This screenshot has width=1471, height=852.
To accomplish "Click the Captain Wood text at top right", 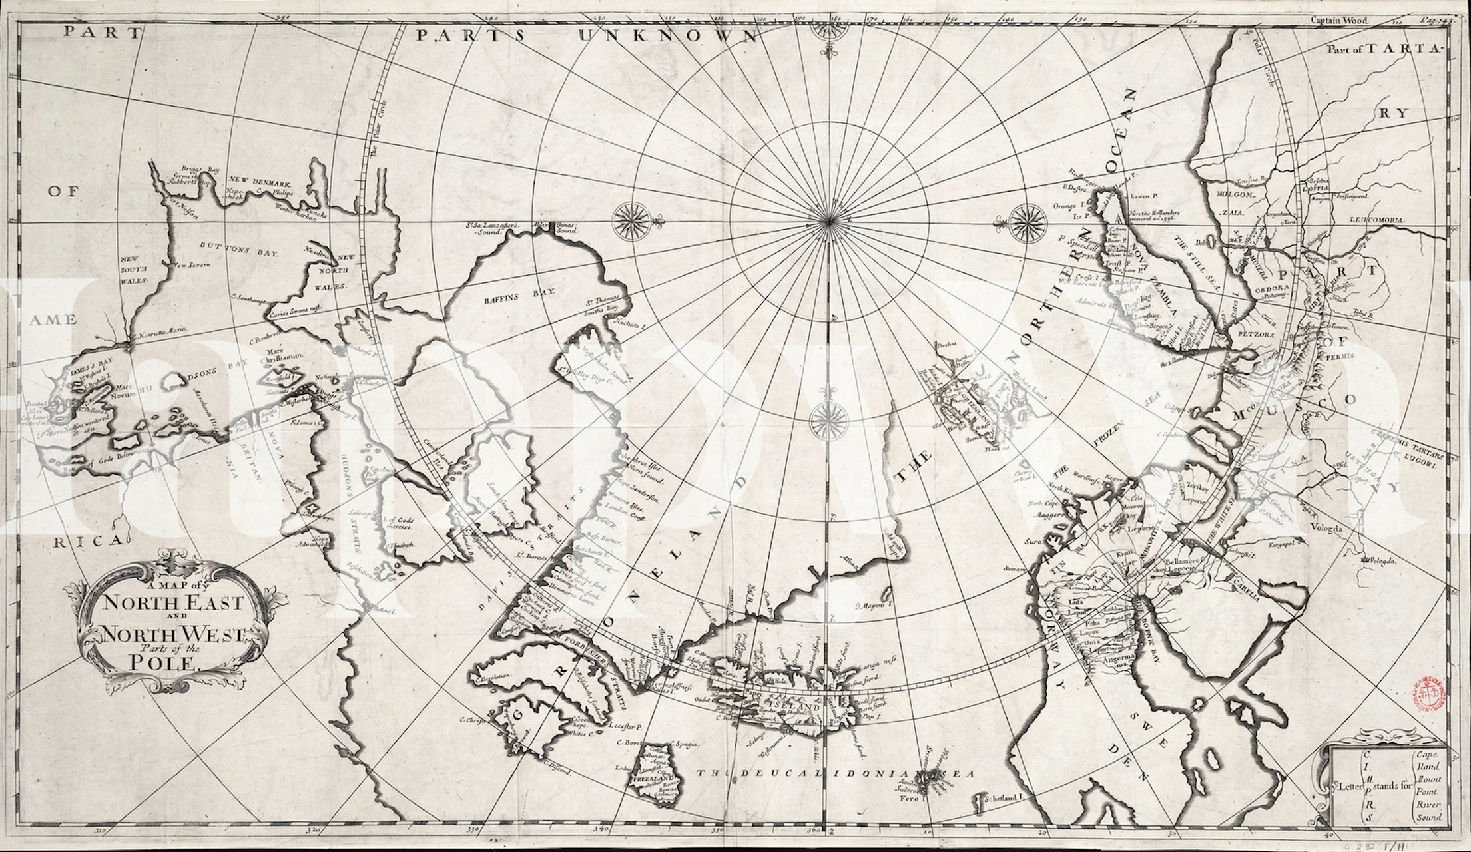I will (1340, 20).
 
